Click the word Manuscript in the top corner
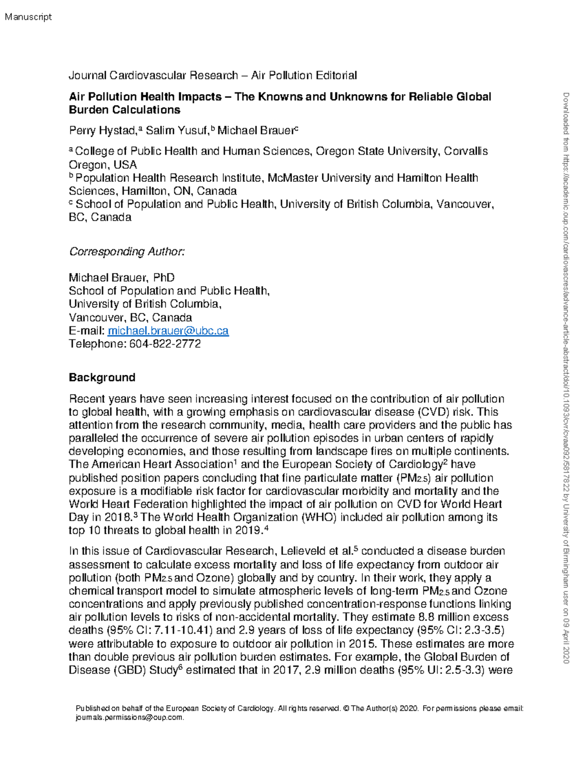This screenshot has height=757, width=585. [28, 17]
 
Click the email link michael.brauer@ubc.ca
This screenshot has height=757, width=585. [168, 331]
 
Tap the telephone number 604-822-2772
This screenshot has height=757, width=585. [165, 344]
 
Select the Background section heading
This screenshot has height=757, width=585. [102, 378]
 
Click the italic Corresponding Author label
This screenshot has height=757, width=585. [127, 252]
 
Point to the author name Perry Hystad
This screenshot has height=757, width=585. [103, 131]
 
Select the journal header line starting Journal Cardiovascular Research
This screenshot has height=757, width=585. [213, 76]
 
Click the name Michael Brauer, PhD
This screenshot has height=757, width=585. [121, 278]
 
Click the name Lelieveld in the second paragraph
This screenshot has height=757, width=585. [303, 551]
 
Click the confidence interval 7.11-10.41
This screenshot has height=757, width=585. [181, 631]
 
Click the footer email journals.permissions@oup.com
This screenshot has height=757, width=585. [130, 718]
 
